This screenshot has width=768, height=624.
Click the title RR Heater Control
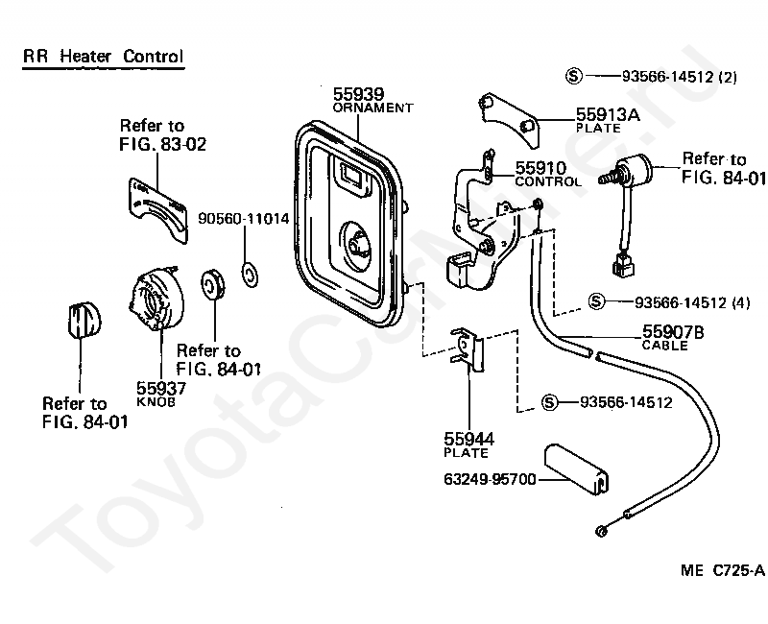tap(103, 57)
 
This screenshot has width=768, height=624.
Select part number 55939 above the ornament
tap(358, 94)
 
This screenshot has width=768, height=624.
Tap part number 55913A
tap(608, 114)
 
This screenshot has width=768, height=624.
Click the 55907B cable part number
tap(673, 333)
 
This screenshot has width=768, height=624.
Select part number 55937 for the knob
tap(160, 388)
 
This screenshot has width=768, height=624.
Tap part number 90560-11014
tap(244, 219)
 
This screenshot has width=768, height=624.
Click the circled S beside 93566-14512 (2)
tap(573, 76)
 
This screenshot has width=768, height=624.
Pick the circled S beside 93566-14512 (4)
tap(595, 301)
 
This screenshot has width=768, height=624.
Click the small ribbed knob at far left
tap(84, 321)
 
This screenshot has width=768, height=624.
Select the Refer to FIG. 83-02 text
tap(161, 135)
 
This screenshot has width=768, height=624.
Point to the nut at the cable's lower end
tap(601, 531)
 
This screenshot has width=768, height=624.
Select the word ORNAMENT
tap(372, 108)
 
